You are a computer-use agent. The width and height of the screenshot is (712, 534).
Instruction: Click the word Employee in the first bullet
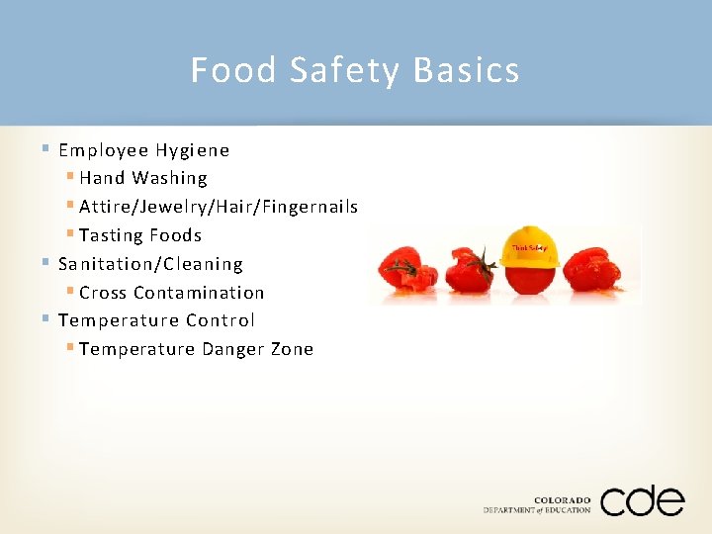click(x=103, y=150)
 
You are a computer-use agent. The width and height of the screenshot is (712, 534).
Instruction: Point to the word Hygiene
click(x=193, y=150)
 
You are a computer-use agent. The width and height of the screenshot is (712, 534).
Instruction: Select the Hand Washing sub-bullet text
click(x=143, y=178)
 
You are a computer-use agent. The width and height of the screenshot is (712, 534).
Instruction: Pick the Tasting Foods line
click(x=140, y=235)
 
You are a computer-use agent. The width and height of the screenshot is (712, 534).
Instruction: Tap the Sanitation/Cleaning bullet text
click(x=150, y=264)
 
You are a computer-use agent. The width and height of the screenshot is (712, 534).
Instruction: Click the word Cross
click(x=103, y=293)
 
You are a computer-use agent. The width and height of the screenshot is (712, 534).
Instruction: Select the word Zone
click(x=292, y=349)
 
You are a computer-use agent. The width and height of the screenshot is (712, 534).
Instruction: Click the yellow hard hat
click(x=530, y=247)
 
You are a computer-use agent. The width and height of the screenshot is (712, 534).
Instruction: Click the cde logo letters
click(x=642, y=501)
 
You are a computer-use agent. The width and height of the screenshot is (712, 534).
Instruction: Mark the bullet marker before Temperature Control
click(x=46, y=319)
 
